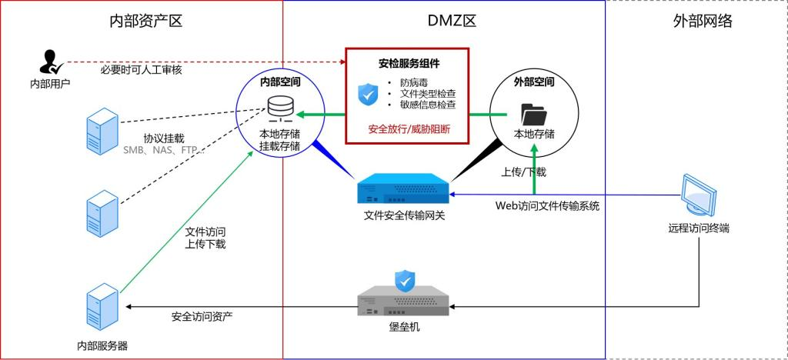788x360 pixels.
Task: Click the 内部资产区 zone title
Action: coord(146,21)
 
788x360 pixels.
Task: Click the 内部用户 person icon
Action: coord(49,62)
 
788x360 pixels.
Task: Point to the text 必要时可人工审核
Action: coord(141,70)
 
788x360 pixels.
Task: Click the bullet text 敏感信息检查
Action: coord(427,105)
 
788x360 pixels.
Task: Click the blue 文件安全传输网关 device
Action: coord(404,188)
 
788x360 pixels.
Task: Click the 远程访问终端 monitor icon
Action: coord(702,194)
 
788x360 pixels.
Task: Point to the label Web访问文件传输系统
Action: coord(547,205)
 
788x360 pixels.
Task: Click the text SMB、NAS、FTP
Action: coord(163,151)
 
